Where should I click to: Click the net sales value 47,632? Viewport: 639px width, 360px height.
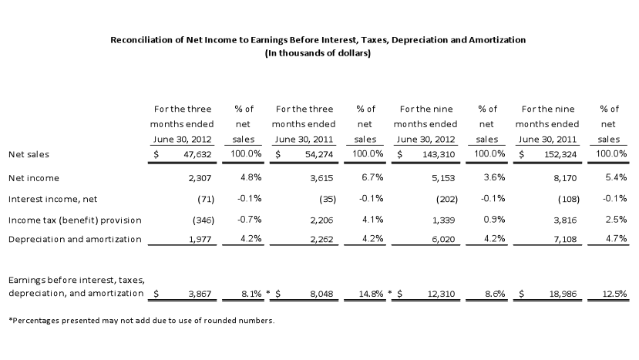(197, 154)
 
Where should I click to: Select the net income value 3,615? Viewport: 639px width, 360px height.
(321, 178)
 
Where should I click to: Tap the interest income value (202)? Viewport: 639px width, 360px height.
(447, 200)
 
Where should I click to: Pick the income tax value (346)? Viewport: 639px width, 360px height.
(203, 220)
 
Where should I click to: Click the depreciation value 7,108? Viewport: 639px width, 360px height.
(565, 239)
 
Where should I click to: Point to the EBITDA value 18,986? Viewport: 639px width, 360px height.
(563, 294)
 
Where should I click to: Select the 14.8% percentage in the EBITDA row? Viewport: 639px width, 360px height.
(371, 294)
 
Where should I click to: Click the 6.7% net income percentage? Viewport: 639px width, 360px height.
(373, 177)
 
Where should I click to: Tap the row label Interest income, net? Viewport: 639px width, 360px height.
(53, 200)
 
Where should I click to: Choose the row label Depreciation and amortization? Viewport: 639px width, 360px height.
(75, 239)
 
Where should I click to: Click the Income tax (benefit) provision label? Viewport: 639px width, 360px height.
(75, 220)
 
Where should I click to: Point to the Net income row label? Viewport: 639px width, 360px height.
(34, 178)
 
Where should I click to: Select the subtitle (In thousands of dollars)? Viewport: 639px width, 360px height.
(318, 53)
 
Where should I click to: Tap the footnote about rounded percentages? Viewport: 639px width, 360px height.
(141, 321)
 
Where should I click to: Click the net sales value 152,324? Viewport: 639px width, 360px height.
(560, 154)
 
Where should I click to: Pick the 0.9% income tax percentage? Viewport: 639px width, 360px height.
(494, 220)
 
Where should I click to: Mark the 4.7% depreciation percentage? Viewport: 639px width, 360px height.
(616, 238)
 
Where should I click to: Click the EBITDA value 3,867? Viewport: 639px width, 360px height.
(200, 294)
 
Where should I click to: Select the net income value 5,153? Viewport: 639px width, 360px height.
(443, 178)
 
